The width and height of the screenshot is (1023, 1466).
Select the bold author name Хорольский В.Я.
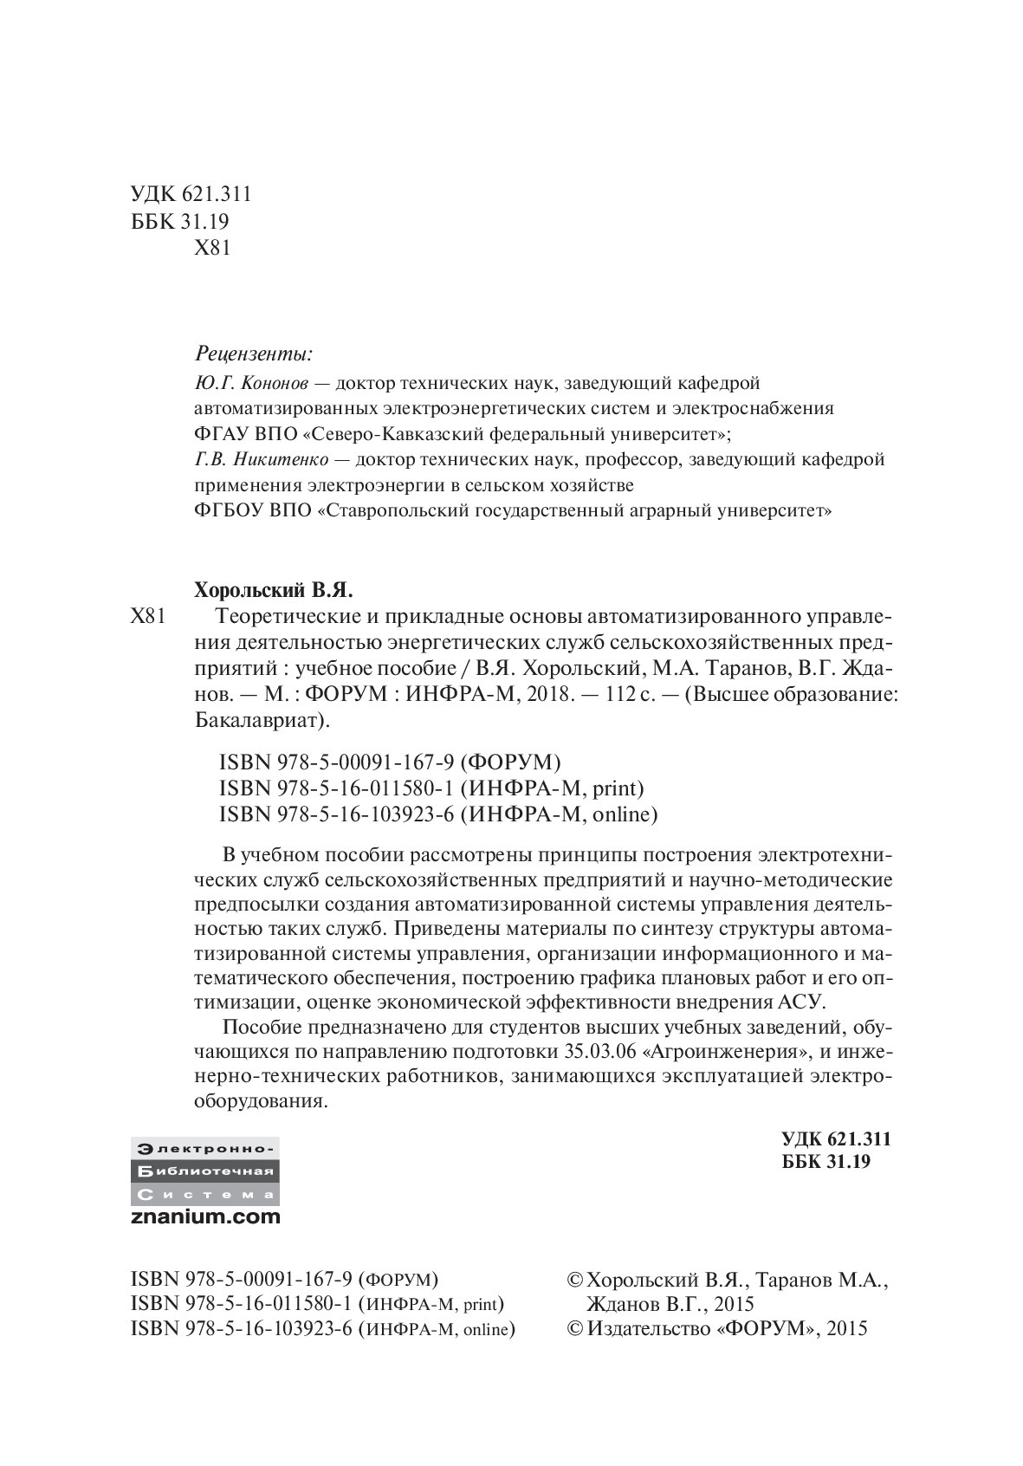tap(274, 591)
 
